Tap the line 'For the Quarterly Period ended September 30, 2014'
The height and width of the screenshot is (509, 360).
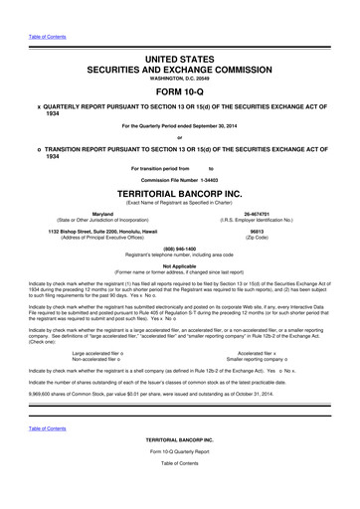[180, 124]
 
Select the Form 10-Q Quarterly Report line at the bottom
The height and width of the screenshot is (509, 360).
[180, 481]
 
